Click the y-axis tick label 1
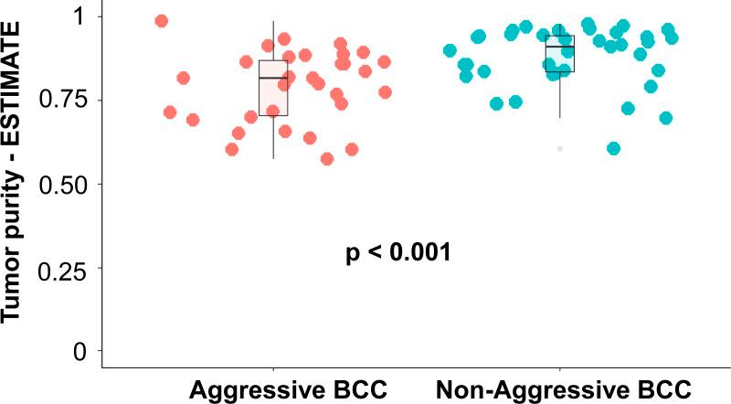click(x=79, y=16)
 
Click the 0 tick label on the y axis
click(x=79, y=352)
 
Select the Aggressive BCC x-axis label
click(x=289, y=388)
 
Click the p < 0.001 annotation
click(x=398, y=253)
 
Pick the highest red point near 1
click(x=162, y=21)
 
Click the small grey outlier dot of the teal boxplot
click(x=560, y=148)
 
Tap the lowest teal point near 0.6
click(x=614, y=148)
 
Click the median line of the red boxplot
click(x=273, y=78)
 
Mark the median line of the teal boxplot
click(x=560, y=46)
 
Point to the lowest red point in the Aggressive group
click(x=327, y=159)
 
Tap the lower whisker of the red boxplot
click(x=273, y=137)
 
